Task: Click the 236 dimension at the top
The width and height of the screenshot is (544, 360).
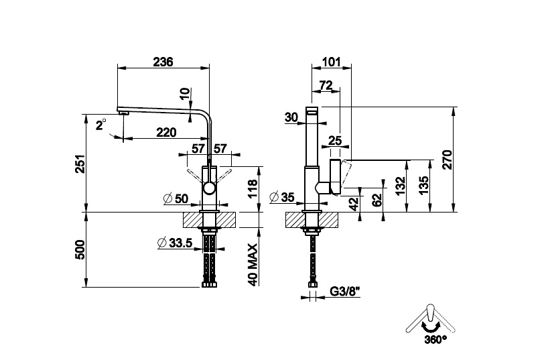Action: tap(163, 62)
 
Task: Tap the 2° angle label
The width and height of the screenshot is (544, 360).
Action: tap(100, 125)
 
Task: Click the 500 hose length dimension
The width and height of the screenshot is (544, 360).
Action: tap(79, 249)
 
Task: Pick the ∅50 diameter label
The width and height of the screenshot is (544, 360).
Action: tap(176, 198)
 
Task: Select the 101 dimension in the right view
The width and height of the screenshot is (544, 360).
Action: tap(331, 62)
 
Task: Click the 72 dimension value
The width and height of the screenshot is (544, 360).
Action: tap(326, 85)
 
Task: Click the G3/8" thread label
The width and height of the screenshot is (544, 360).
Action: tap(346, 292)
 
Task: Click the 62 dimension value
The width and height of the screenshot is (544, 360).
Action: tap(377, 198)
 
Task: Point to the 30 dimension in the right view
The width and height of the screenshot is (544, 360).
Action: tap(291, 117)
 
